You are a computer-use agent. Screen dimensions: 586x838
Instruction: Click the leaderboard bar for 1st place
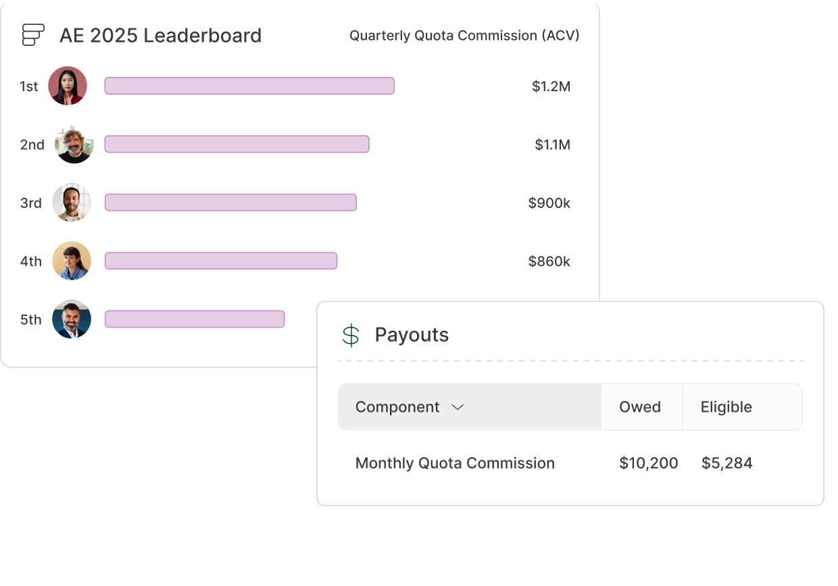tap(249, 86)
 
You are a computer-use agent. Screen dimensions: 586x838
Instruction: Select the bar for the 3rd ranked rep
tap(230, 203)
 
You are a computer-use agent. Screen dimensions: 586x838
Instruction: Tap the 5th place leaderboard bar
tap(195, 319)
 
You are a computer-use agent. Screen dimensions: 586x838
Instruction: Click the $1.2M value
tap(551, 86)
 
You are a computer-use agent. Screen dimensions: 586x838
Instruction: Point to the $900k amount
tap(549, 203)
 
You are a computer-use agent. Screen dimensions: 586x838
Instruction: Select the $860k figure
tap(549, 261)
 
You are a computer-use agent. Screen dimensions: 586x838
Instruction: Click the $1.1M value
tap(552, 144)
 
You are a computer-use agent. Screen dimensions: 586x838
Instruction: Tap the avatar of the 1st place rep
tap(68, 86)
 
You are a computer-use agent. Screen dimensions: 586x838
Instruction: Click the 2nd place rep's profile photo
tap(74, 144)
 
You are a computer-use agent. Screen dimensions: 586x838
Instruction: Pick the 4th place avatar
tap(72, 261)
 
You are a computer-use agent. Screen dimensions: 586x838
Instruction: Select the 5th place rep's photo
tap(72, 319)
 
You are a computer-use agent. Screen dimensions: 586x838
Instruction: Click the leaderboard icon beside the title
tap(33, 35)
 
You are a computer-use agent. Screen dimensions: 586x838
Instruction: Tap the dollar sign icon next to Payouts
tap(351, 335)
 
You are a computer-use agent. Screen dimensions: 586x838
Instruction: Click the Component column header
tap(397, 407)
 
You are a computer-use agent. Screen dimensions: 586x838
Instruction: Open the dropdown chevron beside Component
tap(458, 407)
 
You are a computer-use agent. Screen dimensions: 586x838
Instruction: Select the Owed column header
tap(640, 407)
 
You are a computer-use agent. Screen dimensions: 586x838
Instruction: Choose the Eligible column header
tap(726, 407)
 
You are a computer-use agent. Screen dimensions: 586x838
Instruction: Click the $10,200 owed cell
tap(648, 463)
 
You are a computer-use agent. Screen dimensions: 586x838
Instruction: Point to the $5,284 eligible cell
tap(726, 463)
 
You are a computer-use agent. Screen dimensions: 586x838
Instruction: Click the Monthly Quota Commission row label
tap(455, 463)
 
